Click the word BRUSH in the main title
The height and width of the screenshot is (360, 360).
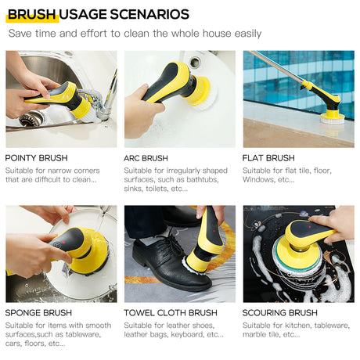coord(31,14)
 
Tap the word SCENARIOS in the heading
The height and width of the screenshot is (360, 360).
coord(149,14)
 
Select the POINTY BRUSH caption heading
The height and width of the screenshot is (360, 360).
coord(36,158)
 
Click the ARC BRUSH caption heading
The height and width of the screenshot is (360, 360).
coord(146,158)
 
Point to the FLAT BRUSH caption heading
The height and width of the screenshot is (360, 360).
coord(268,158)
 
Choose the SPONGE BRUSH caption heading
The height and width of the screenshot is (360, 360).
coord(38,313)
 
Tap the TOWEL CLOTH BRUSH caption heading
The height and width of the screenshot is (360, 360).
coord(171,313)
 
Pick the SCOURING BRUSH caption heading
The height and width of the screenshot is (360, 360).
coord(279,313)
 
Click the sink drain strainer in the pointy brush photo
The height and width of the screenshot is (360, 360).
coord(31,119)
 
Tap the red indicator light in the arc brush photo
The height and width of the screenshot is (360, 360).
coord(162,79)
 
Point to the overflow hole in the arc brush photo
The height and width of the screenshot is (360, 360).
coord(195,62)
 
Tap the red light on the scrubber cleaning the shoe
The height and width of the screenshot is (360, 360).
coord(214,232)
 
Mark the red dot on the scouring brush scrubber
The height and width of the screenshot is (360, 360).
coord(310,227)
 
